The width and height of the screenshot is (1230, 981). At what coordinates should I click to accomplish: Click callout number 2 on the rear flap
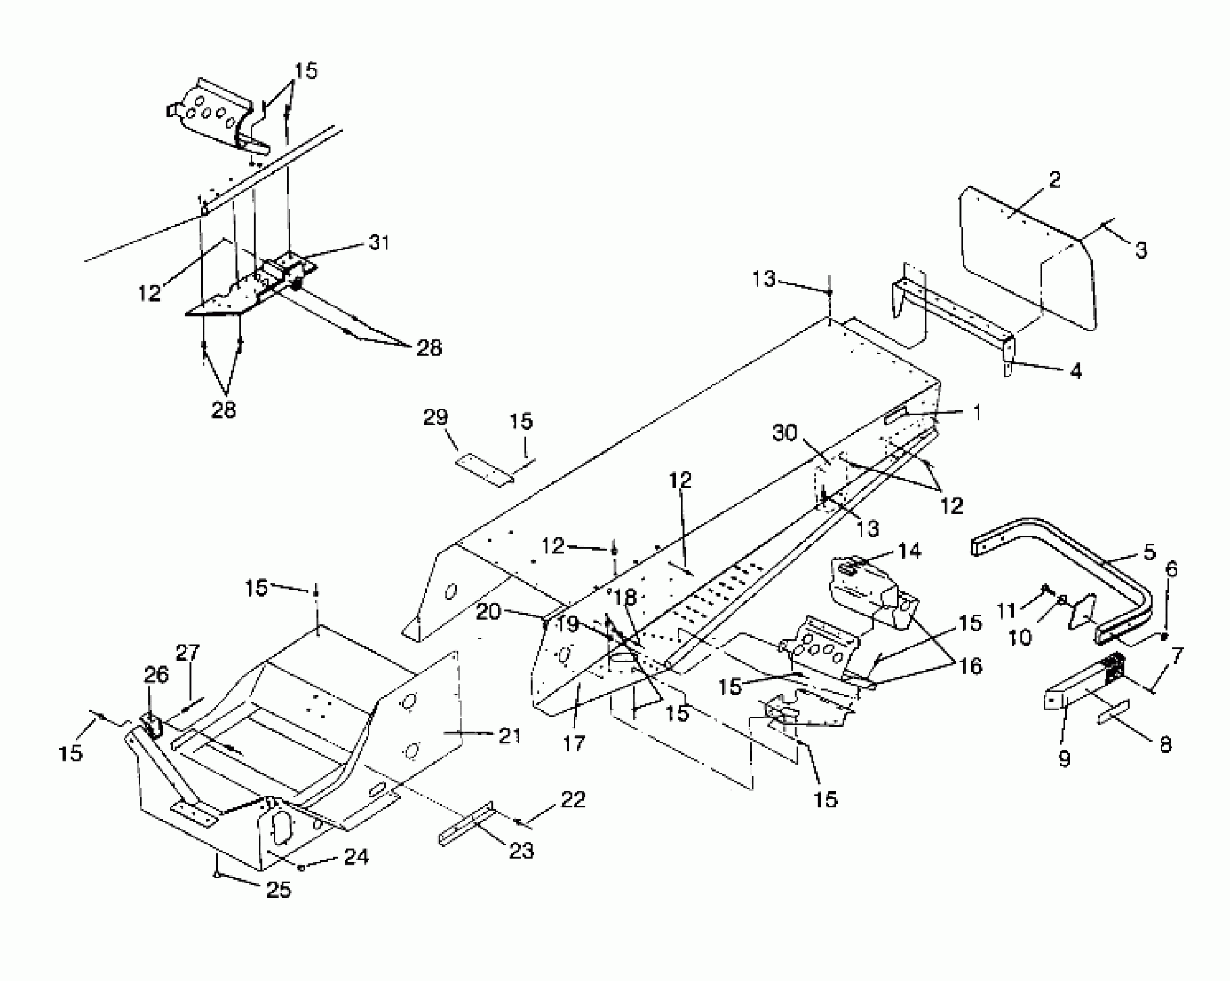point(1054,180)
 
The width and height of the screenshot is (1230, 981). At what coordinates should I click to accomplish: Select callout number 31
point(379,243)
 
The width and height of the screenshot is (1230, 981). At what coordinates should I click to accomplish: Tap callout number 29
point(436,417)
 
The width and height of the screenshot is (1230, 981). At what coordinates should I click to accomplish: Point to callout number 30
point(784,433)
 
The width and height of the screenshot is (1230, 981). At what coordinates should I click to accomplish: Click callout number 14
point(910,551)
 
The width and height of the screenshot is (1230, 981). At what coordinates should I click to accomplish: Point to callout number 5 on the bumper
point(1149,552)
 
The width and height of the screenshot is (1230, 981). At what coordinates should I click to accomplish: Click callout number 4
point(1075,371)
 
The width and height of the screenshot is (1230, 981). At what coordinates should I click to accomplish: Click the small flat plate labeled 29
point(484,470)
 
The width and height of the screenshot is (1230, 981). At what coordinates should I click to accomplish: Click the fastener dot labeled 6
point(1165,636)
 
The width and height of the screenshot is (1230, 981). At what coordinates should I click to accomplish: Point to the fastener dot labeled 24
point(301,868)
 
